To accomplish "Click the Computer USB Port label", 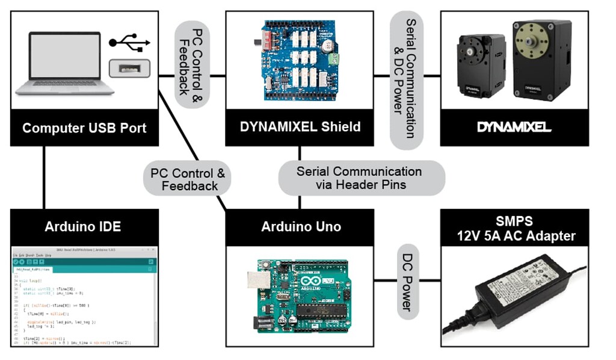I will point(84,128).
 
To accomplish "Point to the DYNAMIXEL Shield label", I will point(300,127).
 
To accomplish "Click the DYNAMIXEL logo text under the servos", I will point(514,127).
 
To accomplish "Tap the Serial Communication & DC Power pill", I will point(407,78).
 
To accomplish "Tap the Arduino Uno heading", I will point(301,227).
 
